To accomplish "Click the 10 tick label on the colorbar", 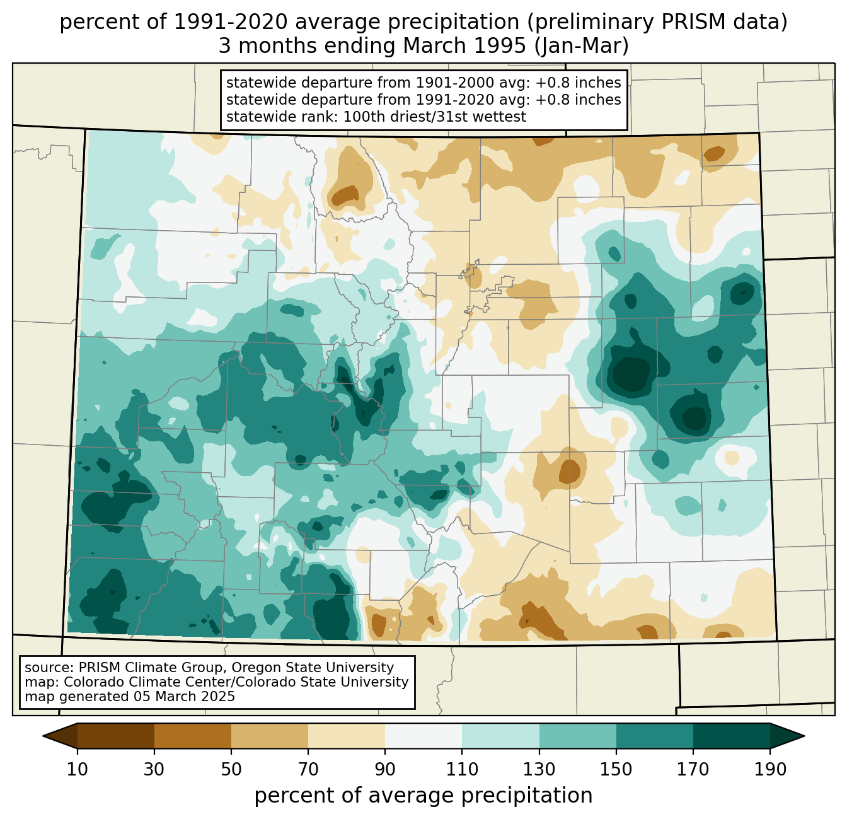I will tap(78, 769).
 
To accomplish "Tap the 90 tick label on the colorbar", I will tap(385, 769).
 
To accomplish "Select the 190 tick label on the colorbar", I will tap(769, 769).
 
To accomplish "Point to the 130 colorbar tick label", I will tap(539, 769).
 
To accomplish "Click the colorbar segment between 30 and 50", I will tap(193, 736).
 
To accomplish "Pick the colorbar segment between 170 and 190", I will tap(731, 736).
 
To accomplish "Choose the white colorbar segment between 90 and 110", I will tap(423, 736).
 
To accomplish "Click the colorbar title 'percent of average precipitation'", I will tap(423, 796).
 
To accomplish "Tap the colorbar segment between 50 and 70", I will tap(270, 736).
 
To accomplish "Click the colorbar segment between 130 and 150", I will tap(577, 736).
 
